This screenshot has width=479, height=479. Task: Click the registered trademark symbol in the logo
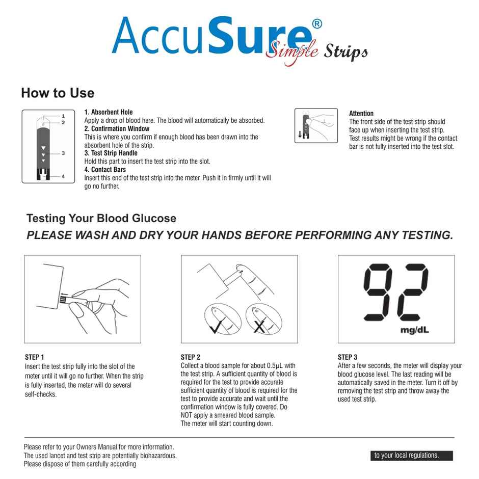pos(316,24)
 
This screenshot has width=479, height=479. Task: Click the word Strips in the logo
pos(344,52)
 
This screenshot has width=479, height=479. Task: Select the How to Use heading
pos(58,93)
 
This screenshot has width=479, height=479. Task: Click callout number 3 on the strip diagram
pos(63,153)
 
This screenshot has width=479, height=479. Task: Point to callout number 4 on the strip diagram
pos(63,176)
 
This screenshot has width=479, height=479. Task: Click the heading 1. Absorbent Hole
pos(109,112)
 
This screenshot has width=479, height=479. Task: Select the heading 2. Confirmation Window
pos(117,129)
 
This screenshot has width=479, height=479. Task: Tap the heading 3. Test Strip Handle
pos(111,153)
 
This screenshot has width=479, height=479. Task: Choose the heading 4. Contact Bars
pos(105,170)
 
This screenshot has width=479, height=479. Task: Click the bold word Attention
pos(361,114)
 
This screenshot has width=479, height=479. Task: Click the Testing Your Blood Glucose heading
pos(101,219)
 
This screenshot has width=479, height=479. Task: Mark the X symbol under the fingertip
pos(259,326)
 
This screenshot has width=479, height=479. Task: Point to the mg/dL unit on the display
pos(415,330)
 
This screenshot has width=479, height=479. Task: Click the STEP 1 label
pos(35,357)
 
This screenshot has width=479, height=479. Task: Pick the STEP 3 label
pos(348,357)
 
